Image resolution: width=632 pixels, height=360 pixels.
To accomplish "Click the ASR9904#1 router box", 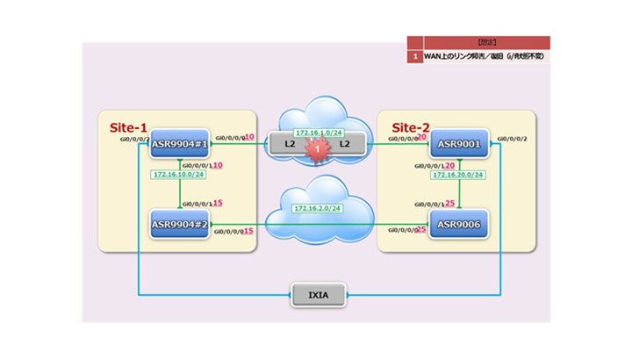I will click(179, 145).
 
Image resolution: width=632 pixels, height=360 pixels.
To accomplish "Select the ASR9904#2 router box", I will click(179, 224).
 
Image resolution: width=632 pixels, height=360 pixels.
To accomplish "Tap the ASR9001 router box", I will click(458, 145).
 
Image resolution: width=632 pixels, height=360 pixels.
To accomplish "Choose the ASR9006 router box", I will click(458, 224).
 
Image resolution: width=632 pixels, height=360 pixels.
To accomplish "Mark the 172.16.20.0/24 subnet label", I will click(458, 175).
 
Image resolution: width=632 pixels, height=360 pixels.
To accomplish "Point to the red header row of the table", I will click(478, 41).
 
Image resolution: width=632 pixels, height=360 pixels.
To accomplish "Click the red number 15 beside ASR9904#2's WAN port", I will click(248, 231).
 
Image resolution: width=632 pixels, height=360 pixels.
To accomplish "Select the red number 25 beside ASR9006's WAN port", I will click(421, 230).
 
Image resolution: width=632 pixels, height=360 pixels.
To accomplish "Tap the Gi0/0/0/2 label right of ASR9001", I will click(513, 139).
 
